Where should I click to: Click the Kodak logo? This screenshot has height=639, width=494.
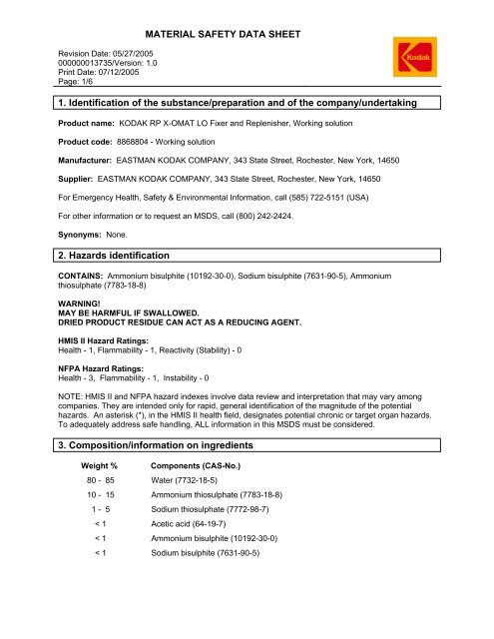(x=440, y=63)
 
